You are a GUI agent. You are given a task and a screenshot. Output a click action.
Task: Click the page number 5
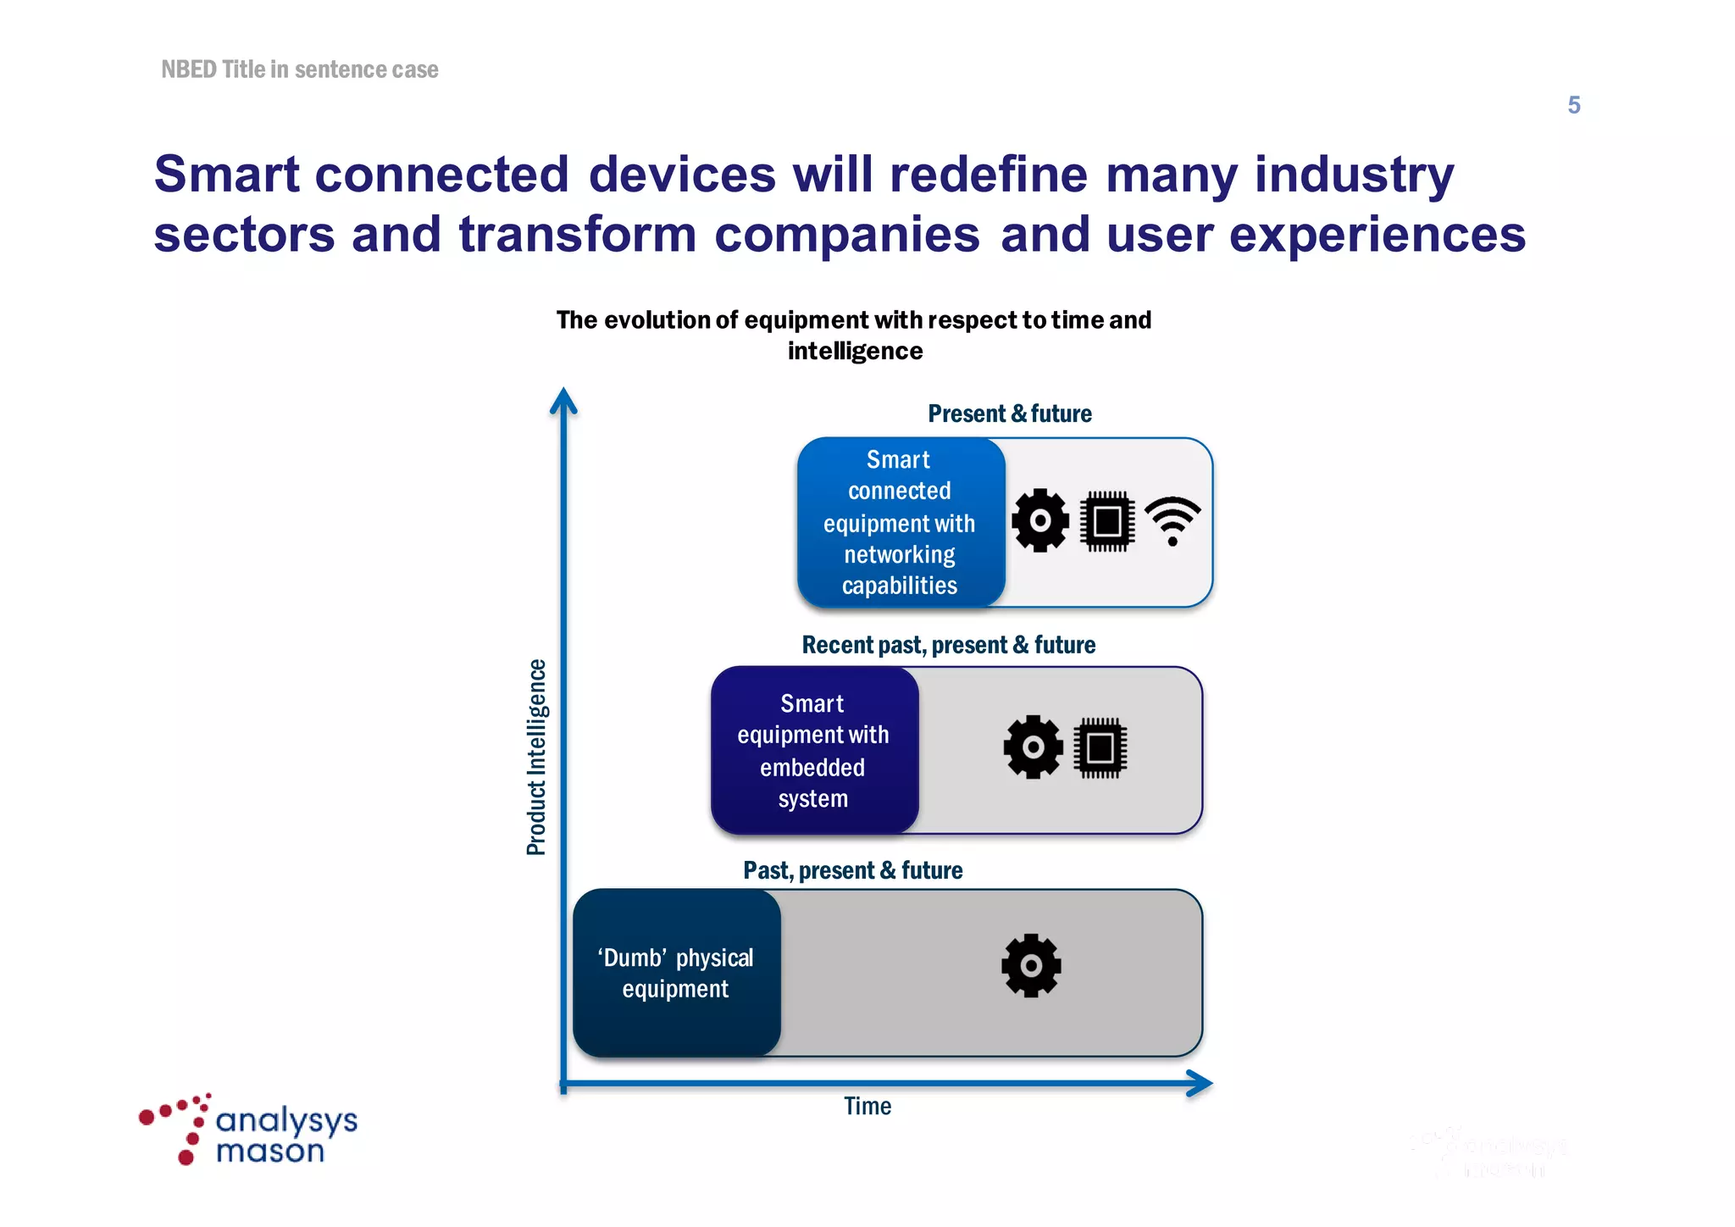pyautogui.click(x=1573, y=105)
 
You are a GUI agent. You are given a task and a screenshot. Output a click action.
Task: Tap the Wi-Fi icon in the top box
pyautogui.click(x=1172, y=519)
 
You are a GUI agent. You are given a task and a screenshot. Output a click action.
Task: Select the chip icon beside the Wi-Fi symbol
pyautogui.click(x=1107, y=520)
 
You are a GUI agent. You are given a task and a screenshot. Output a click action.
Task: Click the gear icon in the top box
pyautogui.click(x=1040, y=520)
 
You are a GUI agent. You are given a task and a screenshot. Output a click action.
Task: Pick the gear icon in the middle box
pyautogui.click(x=1033, y=747)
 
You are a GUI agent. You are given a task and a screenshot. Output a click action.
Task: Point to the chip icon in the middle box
pyautogui.click(x=1100, y=747)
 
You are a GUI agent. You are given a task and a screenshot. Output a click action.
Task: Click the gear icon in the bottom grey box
pyautogui.click(x=1031, y=965)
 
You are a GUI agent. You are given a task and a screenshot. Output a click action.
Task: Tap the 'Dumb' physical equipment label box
pyautogui.click(x=676, y=973)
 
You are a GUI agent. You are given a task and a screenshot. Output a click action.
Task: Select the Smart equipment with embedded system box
pyautogui.click(x=814, y=751)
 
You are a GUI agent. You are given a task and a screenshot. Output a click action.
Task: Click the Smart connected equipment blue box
pyautogui.click(x=900, y=523)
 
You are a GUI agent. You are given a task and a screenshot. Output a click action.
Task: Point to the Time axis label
pyautogui.click(x=867, y=1106)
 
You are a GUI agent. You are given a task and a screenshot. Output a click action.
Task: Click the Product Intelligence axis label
pyautogui.click(x=536, y=757)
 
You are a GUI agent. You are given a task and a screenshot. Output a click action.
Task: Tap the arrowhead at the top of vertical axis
pyautogui.click(x=563, y=400)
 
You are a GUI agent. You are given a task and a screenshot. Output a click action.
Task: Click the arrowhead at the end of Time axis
pyautogui.click(x=1200, y=1083)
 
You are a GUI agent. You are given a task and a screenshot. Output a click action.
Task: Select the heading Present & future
pyautogui.click(x=1010, y=414)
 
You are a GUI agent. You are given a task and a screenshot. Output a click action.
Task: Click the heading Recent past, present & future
pyautogui.click(x=948, y=645)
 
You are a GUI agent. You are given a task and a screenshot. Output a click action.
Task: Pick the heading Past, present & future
pyautogui.click(x=852, y=870)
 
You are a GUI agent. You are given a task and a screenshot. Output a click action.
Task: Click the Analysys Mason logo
pyautogui.click(x=249, y=1130)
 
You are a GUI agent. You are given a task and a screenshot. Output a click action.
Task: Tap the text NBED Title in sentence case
pyautogui.click(x=300, y=69)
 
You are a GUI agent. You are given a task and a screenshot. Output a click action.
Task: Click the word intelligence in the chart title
pyautogui.click(x=855, y=351)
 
